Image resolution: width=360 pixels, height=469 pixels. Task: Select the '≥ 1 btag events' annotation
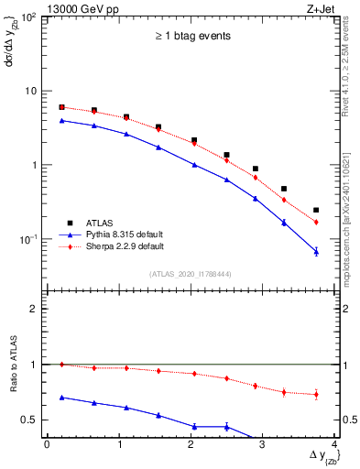click(191, 37)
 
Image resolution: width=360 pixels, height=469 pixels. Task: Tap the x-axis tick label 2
click(191, 445)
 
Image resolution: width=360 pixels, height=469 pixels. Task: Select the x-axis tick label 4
click(334, 445)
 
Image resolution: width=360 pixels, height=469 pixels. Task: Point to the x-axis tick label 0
click(47, 445)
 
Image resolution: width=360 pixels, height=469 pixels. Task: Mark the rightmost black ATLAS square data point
click(316, 210)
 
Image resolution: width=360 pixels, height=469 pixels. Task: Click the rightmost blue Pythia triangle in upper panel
click(316, 251)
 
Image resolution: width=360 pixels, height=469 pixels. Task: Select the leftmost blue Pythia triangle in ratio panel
click(61, 398)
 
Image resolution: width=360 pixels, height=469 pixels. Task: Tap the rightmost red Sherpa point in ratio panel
click(316, 395)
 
